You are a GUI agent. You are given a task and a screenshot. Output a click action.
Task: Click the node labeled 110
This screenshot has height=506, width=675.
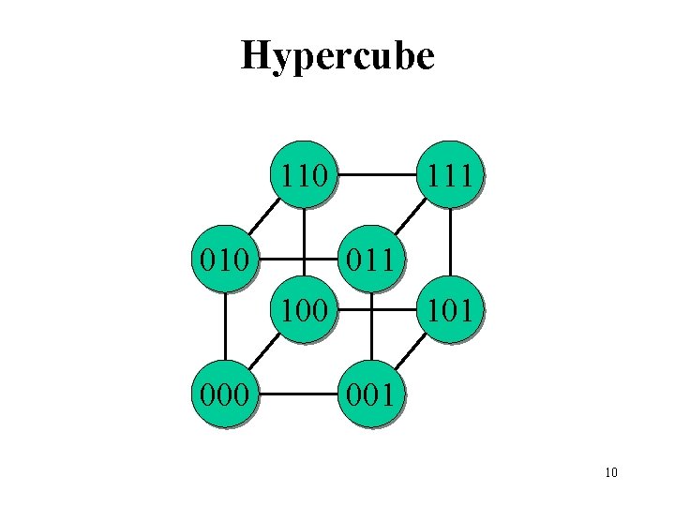pyautogui.click(x=303, y=174)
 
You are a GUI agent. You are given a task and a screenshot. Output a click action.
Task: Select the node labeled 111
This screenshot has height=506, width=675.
pyautogui.click(x=450, y=174)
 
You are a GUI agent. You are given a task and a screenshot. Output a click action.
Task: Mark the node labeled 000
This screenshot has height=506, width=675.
pyautogui.click(x=225, y=394)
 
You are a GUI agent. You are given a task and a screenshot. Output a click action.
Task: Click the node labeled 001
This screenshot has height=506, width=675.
pyautogui.click(x=372, y=394)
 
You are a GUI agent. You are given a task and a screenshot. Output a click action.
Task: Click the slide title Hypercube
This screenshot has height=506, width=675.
pyautogui.click(x=337, y=56)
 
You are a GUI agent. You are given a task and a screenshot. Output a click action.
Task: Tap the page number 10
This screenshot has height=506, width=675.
pyautogui.click(x=611, y=472)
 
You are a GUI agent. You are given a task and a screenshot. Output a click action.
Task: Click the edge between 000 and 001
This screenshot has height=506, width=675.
pyautogui.click(x=298, y=394)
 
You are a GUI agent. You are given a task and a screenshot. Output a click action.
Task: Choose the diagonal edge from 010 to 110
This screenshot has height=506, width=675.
pyautogui.click(x=263, y=216)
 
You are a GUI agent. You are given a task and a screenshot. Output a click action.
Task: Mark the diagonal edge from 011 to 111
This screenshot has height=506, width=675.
pyautogui.click(x=411, y=216)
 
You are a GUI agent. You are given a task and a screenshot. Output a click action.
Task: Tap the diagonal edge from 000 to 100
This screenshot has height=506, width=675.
pyautogui.click(x=263, y=351)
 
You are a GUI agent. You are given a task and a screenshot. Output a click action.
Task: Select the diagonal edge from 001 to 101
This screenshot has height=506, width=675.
pyautogui.click(x=411, y=351)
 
